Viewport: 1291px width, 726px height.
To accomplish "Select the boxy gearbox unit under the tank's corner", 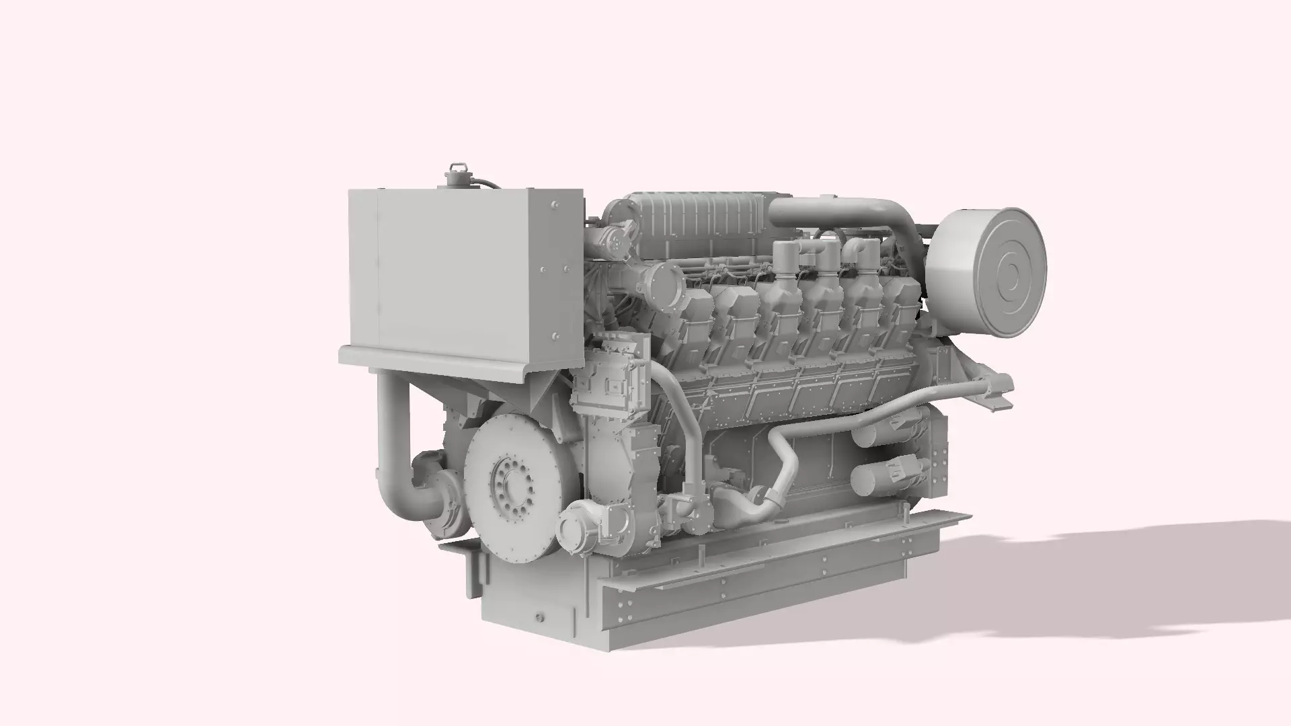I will [x=609, y=376].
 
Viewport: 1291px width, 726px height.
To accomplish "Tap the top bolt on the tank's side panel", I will [x=555, y=204].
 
